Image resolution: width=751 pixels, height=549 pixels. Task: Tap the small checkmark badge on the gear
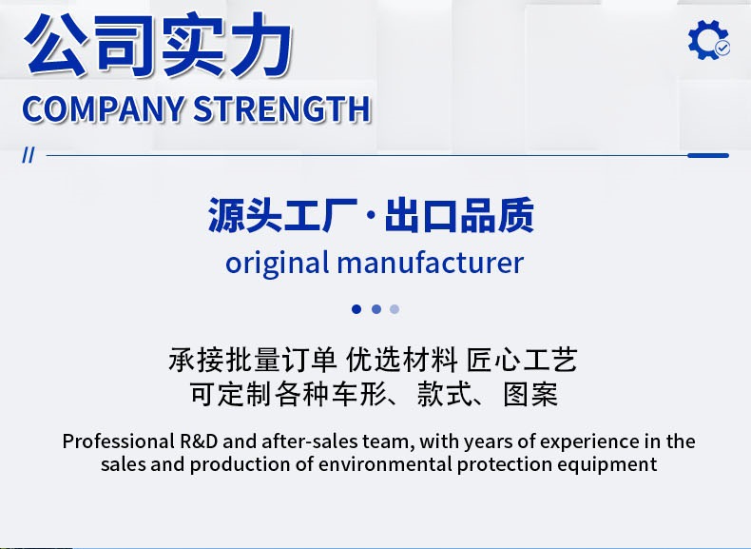pyautogui.click(x=722, y=48)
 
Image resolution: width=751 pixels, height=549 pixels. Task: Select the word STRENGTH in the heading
pyautogui.click(x=282, y=108)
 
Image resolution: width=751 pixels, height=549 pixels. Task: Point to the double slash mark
pyautogui.click(x=29, y=155)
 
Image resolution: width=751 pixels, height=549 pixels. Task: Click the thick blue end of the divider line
pyautogui.click(x=708, y=155)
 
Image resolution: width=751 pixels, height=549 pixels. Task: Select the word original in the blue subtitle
pyautogui.click(x=278, y=264)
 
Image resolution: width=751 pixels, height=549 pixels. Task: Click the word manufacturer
pyautogui.click(x=430, y=263)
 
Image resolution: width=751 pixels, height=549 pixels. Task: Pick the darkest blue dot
pyautogui.click(x=356, y=309)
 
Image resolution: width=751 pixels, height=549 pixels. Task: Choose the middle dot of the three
pyautogui.click(x=376, y=309)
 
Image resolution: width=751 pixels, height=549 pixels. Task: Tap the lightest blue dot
pyautogui.click(x=395, y=309)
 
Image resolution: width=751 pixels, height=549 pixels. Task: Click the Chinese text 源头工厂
pyautogui.click(x=283, y=215)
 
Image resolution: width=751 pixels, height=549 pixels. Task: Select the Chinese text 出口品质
pyautogui.click(x=459, y=215)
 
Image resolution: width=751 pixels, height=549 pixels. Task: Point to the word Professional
pyautogui.click(x=118, y=441)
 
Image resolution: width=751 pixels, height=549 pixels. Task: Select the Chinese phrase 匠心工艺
pyautogui.click(x=522, y=360)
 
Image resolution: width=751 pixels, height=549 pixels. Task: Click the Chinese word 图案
pyautogui.click(x=530, y=395)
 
